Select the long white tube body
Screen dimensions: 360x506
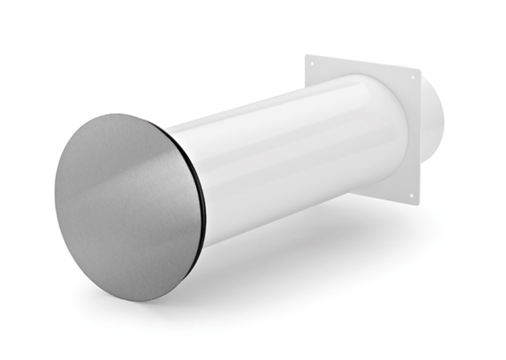[296, 158]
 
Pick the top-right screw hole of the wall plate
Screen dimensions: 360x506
[413, 77]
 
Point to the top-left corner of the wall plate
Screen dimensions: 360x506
[306, 55]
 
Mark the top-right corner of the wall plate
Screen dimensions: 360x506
[420, 70]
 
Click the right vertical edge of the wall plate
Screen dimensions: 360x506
[420, 138]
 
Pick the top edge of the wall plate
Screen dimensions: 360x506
[363, 62]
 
